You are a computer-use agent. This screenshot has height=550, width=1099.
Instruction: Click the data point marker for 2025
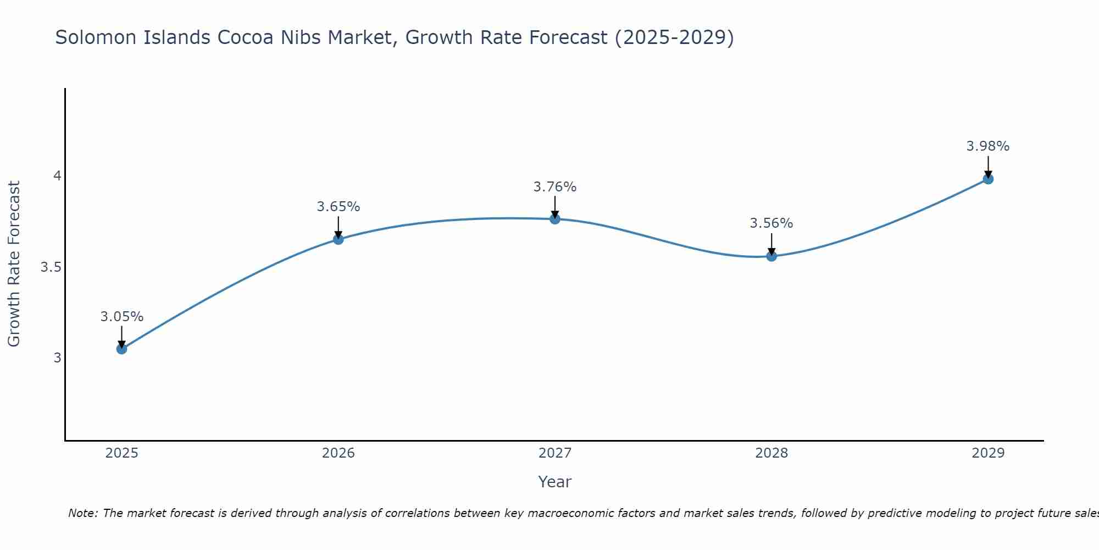[x=121, y=349]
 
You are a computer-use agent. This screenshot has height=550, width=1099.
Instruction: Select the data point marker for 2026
[x=338, y=239]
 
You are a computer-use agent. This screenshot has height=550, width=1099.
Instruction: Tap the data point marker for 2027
[x=554, y=219]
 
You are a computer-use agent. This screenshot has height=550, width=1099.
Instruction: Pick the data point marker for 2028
[x=771, y=256]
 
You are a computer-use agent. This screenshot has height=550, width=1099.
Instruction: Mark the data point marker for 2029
[x=987, y=179]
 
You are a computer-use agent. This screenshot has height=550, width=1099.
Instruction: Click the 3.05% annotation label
[x=121, y=317]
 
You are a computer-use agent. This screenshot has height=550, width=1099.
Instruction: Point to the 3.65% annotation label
[x=338, y=207]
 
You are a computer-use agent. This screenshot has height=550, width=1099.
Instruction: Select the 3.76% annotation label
[x=554, y=187]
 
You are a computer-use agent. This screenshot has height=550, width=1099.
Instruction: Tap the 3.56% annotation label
[x=771, y=223]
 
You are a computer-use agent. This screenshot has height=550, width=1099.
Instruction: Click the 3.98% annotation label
[x=987, y=146]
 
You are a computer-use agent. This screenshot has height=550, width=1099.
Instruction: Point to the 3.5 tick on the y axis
[x=51, y=267]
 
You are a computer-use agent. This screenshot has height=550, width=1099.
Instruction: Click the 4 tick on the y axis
[x=57, y=176]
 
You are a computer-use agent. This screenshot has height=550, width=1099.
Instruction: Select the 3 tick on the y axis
[x=57, y=358]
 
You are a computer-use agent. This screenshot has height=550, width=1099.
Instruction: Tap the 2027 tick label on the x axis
[x=554, y=453]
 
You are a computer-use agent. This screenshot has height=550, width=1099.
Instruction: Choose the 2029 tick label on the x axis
[x=987, y=453]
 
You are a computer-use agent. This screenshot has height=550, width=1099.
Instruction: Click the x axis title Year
[x=554, y=482]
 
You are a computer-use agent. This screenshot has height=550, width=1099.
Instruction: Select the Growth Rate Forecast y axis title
[x=14, y=264]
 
